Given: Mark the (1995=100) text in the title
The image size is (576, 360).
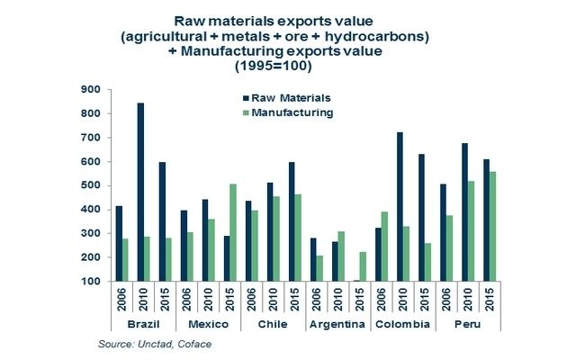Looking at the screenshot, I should [287, 66].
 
